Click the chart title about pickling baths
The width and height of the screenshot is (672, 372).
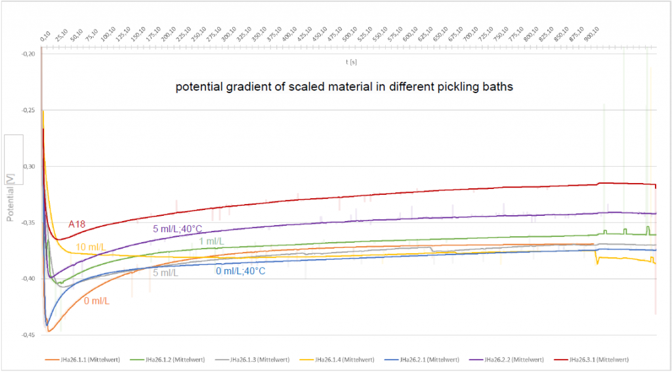[344, 87]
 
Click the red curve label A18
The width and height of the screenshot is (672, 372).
[78, 224]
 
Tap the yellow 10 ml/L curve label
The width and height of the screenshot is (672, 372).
[89, 247]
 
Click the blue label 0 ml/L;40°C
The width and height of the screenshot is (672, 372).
[240, 270]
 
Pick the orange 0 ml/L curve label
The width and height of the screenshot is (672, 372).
[96, 301]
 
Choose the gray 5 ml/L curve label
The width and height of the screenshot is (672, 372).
[165, 272]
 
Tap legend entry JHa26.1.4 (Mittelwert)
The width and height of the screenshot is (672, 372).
[345, 359]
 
